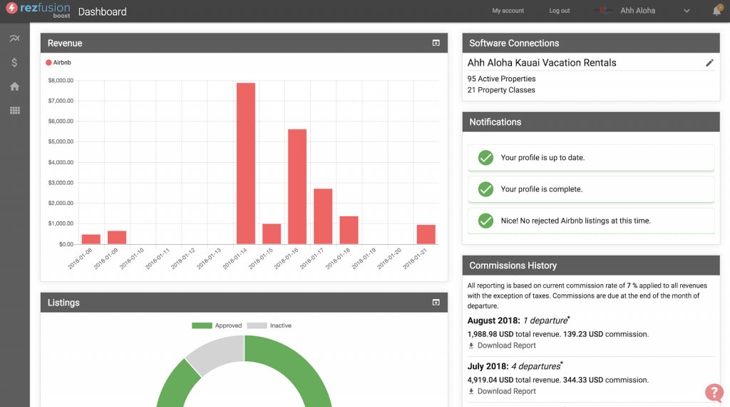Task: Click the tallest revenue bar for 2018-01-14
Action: pyautogui.click(x=245, y=164)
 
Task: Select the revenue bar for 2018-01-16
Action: pyautogui.click(x=297, y=186)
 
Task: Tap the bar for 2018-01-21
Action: pyautogui.click(x=426, y=234)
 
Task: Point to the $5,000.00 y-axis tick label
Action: pyautogui.click(x=61, y=141)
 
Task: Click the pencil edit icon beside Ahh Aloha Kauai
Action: pyautogui.click(x=709, y=63)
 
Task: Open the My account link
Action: pyautogui.click(x=508, y=11)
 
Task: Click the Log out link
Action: pyautogui.click(x=560, y=11)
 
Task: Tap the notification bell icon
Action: pyautogui.click(x=716, y=11)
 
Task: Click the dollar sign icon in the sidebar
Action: pyautogui.click(x=14, y=63)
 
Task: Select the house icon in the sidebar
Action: pyautogui.click(x=14, y=86)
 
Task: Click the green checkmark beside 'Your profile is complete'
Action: pyautogui.click(x=485, y=189)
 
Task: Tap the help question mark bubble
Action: pyautogui.click(x=714, y=391)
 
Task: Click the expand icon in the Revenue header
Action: pyautogui.click(x=436, y=44)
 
